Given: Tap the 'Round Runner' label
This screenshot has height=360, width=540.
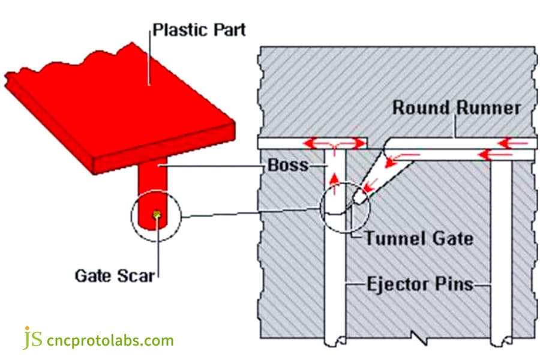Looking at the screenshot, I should coord(456,108).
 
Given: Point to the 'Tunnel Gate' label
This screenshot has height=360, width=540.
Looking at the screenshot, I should coord(418,238).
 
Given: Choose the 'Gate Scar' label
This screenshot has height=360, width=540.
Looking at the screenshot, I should coord(114,276).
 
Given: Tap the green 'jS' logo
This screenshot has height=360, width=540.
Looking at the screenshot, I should coord(34,338).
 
